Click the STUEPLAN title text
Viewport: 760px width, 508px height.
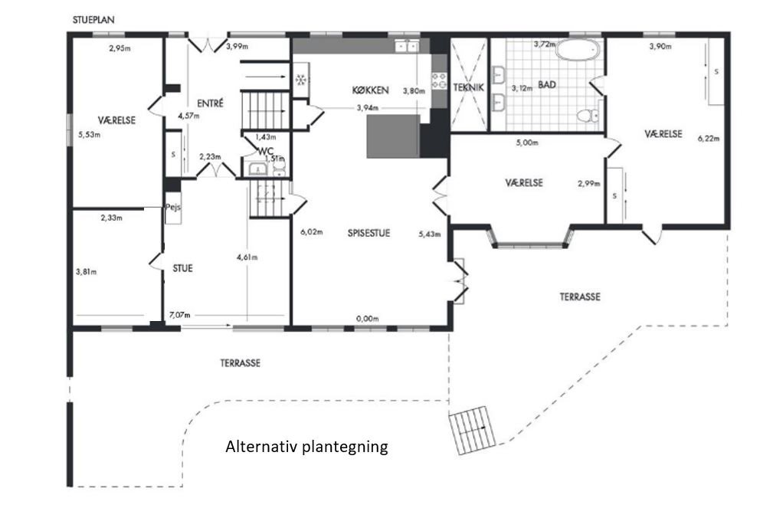point(93,20)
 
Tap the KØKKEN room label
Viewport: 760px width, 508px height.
point(370,90)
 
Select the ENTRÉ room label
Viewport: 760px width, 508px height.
point(211,103)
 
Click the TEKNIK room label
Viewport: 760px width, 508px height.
point(469,88)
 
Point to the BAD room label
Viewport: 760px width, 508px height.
point(547,85)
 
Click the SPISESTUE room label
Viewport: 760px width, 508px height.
point(369,233)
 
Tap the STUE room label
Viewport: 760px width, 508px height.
point(183,268)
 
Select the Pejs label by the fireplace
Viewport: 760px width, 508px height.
point(173,207)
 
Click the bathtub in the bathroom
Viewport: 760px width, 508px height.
point(578,50)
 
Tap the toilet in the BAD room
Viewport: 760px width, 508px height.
point(588,116)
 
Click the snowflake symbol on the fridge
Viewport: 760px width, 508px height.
point(300,80)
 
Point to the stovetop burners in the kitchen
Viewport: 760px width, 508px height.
point(439,80)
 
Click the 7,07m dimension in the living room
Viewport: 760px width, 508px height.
point(179,315)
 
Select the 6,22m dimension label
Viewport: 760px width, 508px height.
point(709,138)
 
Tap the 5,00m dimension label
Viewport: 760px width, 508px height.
point(527,143)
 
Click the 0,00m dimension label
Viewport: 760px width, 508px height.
point(368,319)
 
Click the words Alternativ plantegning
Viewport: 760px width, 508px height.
point(306,446)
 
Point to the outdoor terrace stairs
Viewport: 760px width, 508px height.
point(473,430)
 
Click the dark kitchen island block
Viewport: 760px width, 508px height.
point(393,136)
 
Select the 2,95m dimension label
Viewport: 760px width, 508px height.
point(120,48)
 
